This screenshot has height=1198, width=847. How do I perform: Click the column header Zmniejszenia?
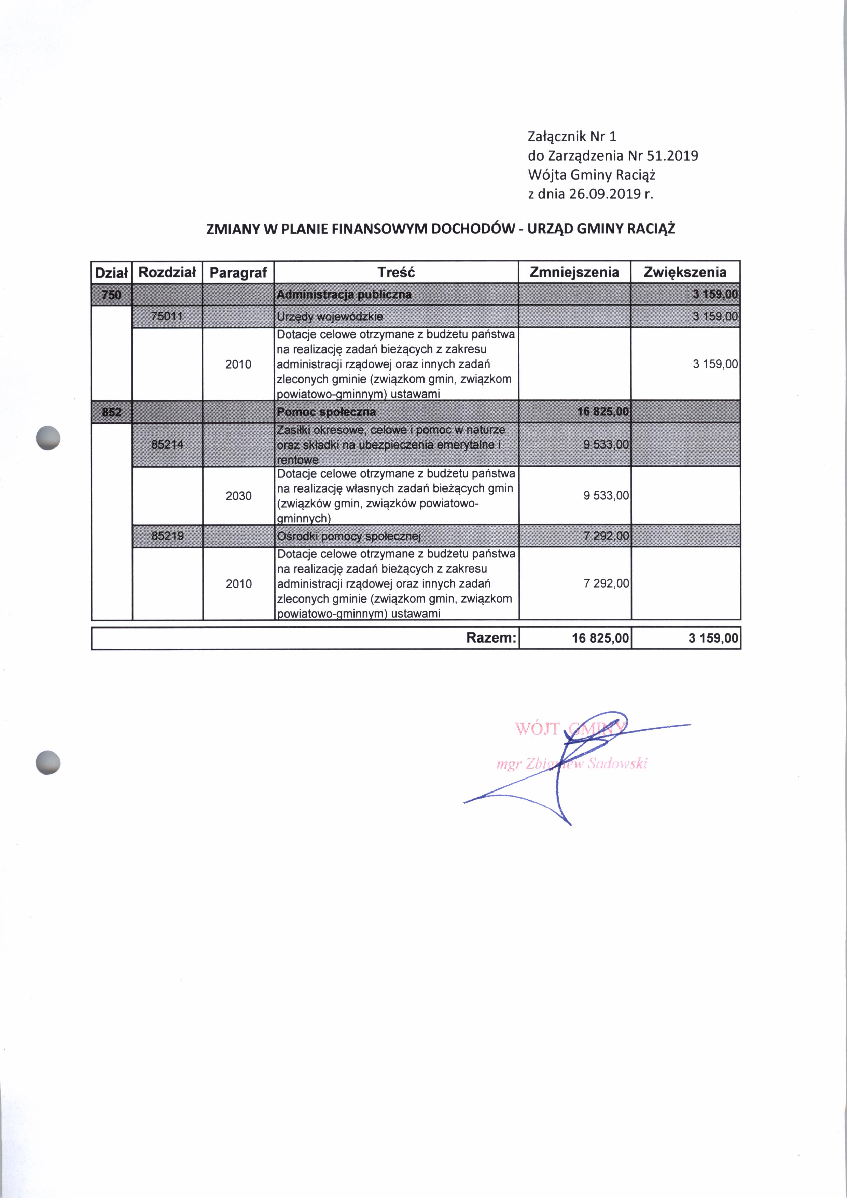[x=574, y=272]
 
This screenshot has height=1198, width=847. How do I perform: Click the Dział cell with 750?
[x=111, y=295]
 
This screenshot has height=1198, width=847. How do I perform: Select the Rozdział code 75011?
[x=167, y=316]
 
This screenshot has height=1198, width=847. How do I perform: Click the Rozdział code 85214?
[x=167, y=444]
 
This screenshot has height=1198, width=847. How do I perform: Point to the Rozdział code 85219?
[x=167, y=536]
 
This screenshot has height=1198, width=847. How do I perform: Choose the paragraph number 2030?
[x=238, y=496]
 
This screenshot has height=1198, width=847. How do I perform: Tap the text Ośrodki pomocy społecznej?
[x=349, y=536]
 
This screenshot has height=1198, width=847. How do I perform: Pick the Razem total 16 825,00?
[x=600, y=638]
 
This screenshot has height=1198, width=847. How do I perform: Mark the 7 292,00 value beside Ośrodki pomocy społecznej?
[x=607, y=536]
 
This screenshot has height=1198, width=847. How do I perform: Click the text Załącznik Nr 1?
[x=572, y=137]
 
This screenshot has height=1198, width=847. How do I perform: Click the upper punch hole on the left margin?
[x=48, y=438]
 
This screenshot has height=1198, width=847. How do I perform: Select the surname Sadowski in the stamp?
[x=617, y=765]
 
